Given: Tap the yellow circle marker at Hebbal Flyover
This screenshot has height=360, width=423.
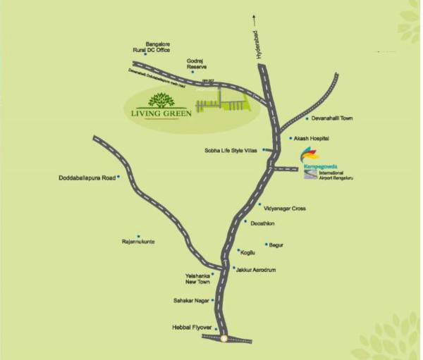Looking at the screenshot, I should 223,338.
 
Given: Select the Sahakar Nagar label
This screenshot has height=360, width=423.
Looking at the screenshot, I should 190,301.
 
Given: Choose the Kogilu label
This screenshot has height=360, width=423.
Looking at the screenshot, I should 247,252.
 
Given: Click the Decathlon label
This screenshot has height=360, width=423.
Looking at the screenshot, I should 263,223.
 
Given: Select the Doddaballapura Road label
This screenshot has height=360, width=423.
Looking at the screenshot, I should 87,178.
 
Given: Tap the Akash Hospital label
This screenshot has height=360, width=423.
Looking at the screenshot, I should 312,139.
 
